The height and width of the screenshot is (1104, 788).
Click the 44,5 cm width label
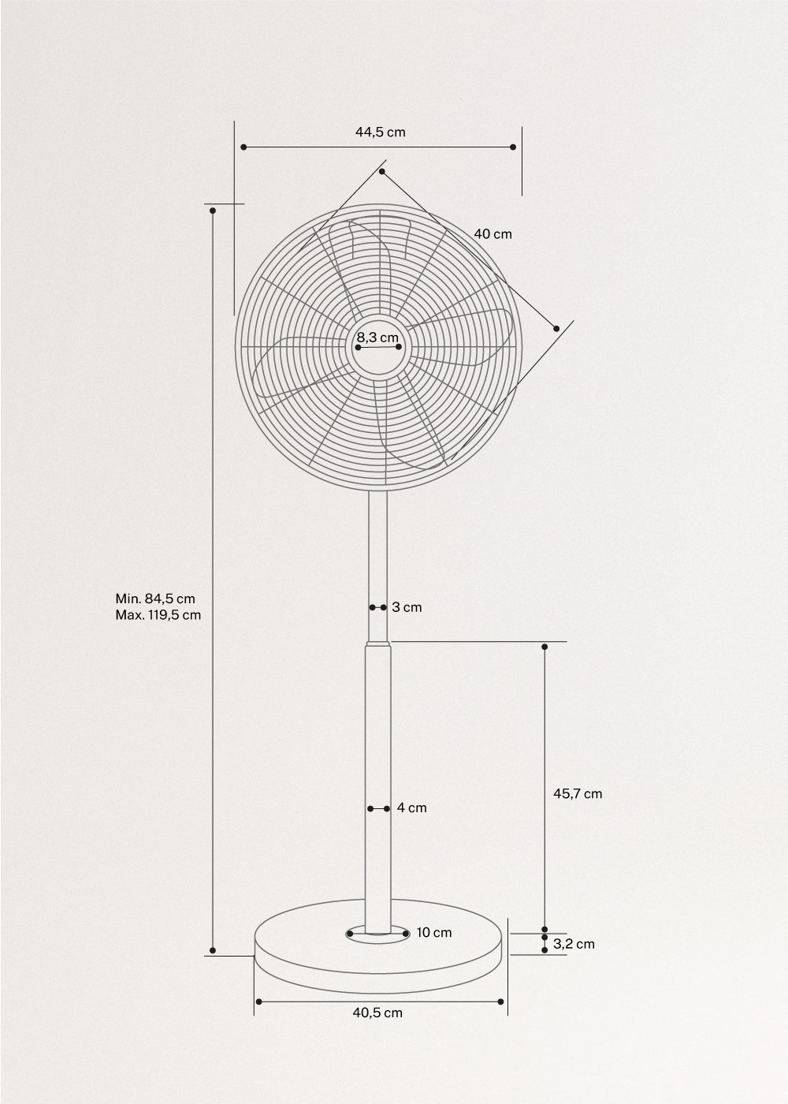pos(380,132)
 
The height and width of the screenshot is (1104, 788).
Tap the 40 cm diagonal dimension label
pos(492,234)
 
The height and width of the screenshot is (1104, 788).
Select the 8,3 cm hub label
pos(377,338)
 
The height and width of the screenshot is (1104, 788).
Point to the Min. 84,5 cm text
pos(155,599)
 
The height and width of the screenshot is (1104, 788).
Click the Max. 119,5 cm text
pos(158,615)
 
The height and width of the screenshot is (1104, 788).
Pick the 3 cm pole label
pos(407,607)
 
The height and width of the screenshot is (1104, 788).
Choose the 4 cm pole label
pos(411,808)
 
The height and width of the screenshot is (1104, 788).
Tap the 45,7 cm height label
pos(578,794)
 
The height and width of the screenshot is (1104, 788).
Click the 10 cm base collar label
pos(434,933)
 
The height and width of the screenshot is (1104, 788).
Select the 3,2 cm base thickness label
pos(574,944)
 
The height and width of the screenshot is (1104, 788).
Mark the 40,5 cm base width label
pos(377,1013)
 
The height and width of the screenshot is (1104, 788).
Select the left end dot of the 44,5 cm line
pos(244,147)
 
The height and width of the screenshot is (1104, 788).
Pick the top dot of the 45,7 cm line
pos(545,647)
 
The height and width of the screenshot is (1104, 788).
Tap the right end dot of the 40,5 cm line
pos(501,1001)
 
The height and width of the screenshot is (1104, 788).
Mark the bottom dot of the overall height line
pos(213,949)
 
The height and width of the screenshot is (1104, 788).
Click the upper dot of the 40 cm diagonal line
pos(382,171)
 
